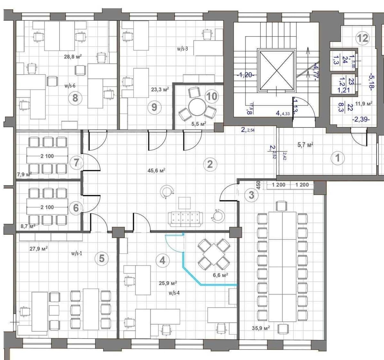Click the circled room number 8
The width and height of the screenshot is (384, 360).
[75, 97]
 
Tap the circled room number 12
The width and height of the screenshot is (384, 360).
[363, 38]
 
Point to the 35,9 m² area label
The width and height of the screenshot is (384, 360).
[260, 328]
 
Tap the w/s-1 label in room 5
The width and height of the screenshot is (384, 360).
[77, 253]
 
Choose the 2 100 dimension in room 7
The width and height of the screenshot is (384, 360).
[47, 156]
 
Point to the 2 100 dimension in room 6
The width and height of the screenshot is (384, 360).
[47, 207]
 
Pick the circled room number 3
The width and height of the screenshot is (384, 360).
[252, 195]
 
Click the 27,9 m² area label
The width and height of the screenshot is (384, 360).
[39, 248]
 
